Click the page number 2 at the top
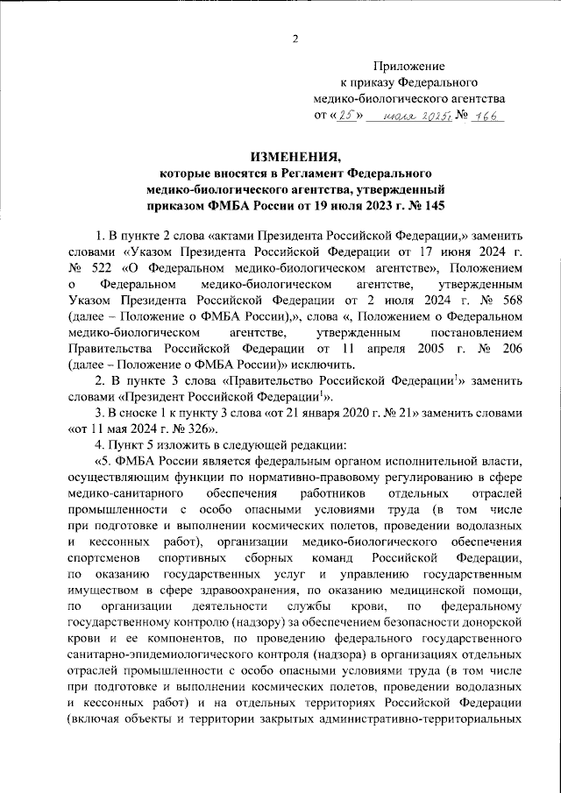tap(295, 37)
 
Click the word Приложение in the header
tap(409, 66)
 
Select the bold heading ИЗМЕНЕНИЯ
tap(295, 157)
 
